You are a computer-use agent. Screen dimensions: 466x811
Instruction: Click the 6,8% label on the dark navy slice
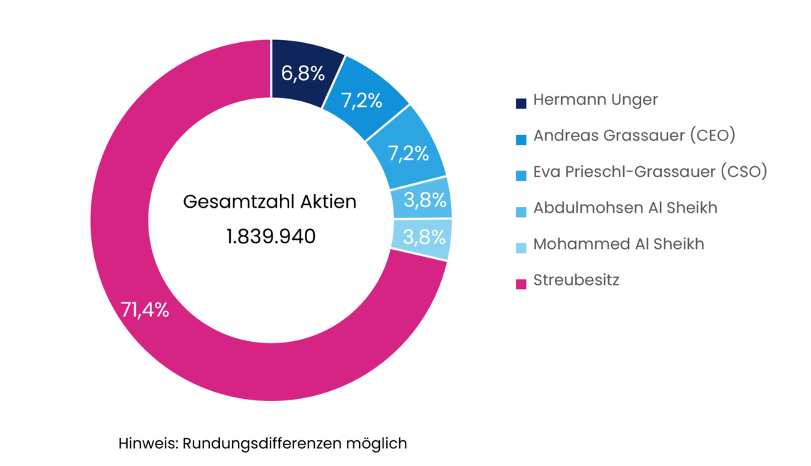pos(302,74)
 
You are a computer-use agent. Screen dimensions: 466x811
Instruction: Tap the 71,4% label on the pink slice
pos(145,310)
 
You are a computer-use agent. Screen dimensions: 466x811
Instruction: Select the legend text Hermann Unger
pos(595,100)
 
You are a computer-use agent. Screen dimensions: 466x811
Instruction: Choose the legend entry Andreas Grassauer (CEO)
pos(634,136)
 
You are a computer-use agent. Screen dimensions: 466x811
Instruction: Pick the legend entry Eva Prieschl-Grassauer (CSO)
pos(650,172)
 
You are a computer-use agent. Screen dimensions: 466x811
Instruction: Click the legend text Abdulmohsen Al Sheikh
pos(625,208)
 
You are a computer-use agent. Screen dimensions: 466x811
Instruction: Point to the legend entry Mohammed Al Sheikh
pos(618,244)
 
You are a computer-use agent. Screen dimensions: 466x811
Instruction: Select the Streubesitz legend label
pos(576,280)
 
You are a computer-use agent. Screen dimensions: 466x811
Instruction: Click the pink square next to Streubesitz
pos(521,283)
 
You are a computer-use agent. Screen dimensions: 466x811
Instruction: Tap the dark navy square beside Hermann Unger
pos(521,103)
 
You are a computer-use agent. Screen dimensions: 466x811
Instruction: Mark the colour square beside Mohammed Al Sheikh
pos(521,248)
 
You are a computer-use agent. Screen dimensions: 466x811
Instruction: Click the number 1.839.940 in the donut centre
pos(271,236)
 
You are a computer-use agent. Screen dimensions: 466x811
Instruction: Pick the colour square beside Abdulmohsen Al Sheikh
pos(521,211)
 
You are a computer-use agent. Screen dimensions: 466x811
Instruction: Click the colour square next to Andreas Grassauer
pos(521,139)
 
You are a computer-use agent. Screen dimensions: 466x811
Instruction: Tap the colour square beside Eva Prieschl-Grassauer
pos(521,176)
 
